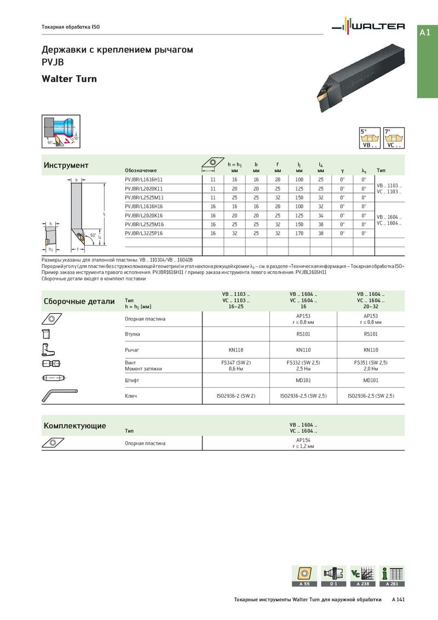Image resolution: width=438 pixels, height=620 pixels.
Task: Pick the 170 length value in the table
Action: click(299, 233)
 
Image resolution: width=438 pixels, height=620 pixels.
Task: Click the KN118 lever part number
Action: click(235, 349)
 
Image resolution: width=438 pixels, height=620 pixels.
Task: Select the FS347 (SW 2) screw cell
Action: click(235, 363)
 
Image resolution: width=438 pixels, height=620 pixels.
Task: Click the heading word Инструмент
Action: click(66, 165)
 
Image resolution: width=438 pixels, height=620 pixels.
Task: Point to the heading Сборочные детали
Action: click(79, 301)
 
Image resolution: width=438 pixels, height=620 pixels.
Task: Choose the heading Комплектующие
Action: click(74, 426)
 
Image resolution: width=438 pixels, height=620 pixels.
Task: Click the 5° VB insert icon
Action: click(370, 139)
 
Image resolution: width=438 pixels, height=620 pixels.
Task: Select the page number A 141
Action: click(398, 600)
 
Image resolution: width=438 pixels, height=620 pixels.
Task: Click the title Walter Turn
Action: click(69, 79)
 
